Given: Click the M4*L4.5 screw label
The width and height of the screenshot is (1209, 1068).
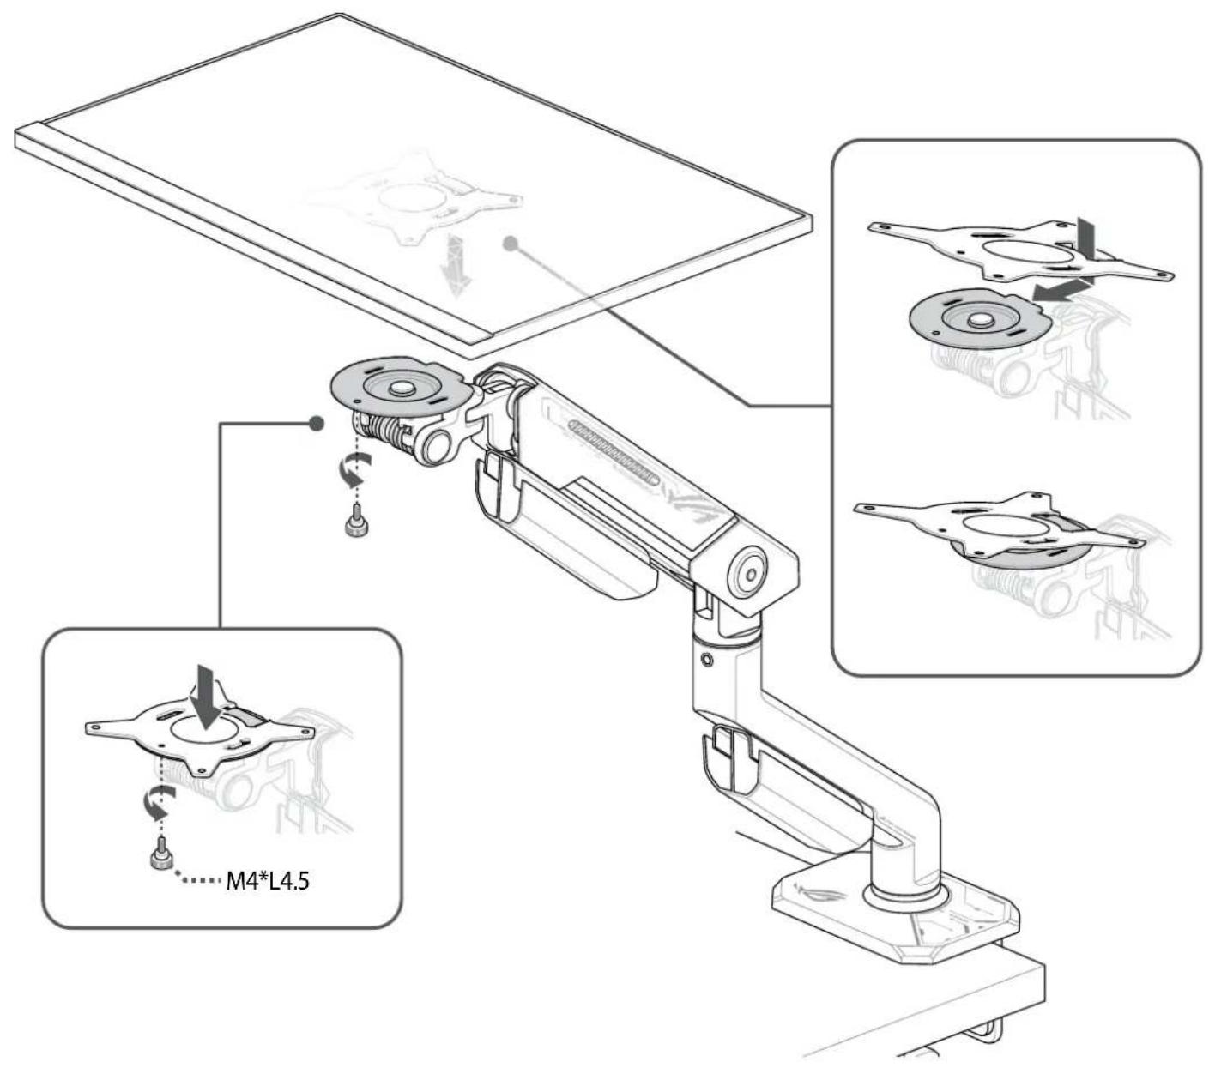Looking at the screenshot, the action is [x=268, y=881].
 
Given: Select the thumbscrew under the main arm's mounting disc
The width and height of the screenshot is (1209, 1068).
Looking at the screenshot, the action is [x=356, y=521].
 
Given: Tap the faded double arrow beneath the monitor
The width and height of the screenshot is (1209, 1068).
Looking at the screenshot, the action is [x=456, y=266].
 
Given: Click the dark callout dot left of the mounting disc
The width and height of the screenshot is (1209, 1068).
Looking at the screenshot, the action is [x=317, y=423].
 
